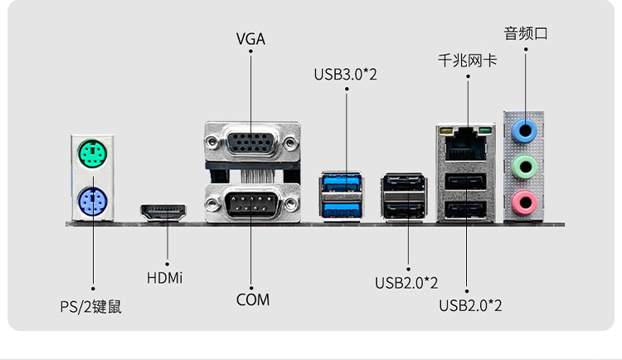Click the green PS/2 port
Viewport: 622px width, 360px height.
pyautogui.click(x=93, y=154)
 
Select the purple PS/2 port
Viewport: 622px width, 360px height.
pyautogui.click(x=93, y=200)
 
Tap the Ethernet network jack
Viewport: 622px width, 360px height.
pyautogui.click(x=466, y=147)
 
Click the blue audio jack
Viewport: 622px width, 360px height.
pyautogui.click(x=524, y=130)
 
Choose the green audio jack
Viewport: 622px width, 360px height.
pyautogui.click(x=524, y=165)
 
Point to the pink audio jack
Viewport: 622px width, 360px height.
pyautogui.click(x=524, y=200)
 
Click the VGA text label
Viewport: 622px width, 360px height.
pyautogui.click(x=250, y=39)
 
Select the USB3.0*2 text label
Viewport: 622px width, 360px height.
pyautogui.click(x=346, y=75)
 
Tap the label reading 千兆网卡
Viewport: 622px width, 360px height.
pyautogui.click(x=467, y=61)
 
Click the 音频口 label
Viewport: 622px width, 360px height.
pyautogui.click(x=526, y=34)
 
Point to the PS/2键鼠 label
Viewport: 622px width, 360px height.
pyautogui.click(x=91, y=306)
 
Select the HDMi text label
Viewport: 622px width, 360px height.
pyautogui.click(x=164, y=276)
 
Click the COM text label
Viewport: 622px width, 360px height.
pyautogui.click(x=252, y=299)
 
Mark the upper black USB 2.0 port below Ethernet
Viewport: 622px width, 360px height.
pyautogui.click(x=466, y=184)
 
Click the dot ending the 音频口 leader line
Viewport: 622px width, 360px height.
pyautogui.click(x=526, y=50)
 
